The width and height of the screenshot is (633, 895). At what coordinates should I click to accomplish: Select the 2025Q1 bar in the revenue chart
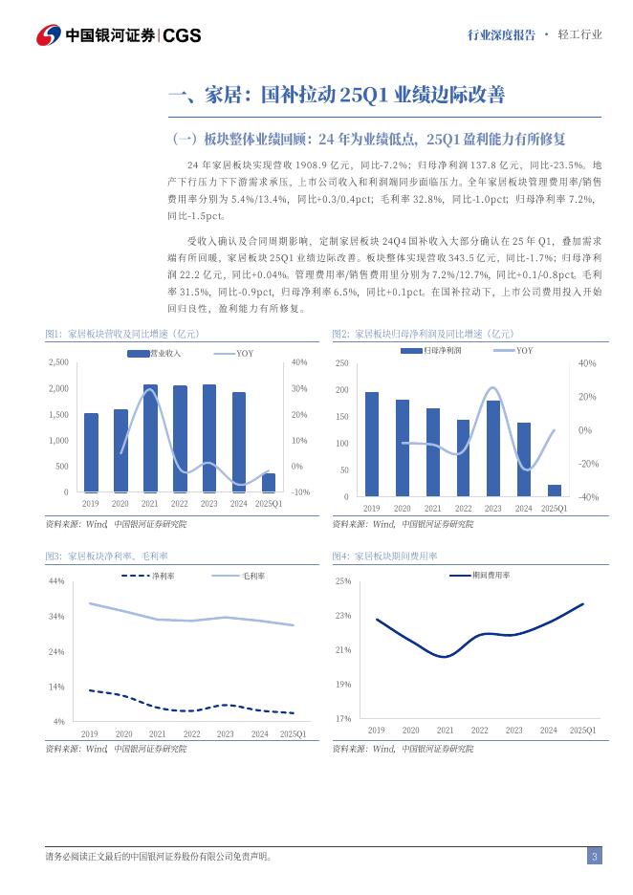tap(269, 483)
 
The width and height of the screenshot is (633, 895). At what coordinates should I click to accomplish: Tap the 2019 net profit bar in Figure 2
tap(372, 444)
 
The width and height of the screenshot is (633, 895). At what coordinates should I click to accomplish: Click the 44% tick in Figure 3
tap(56, 581)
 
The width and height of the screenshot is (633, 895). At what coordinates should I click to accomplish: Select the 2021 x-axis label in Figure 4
tap(445, 730)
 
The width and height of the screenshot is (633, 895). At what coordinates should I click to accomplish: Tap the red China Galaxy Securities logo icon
tap(48, 35)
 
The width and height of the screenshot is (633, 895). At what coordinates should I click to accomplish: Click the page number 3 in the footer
tap(594, 857)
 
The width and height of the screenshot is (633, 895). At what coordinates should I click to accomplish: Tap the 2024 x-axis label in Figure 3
tap(259, 733)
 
